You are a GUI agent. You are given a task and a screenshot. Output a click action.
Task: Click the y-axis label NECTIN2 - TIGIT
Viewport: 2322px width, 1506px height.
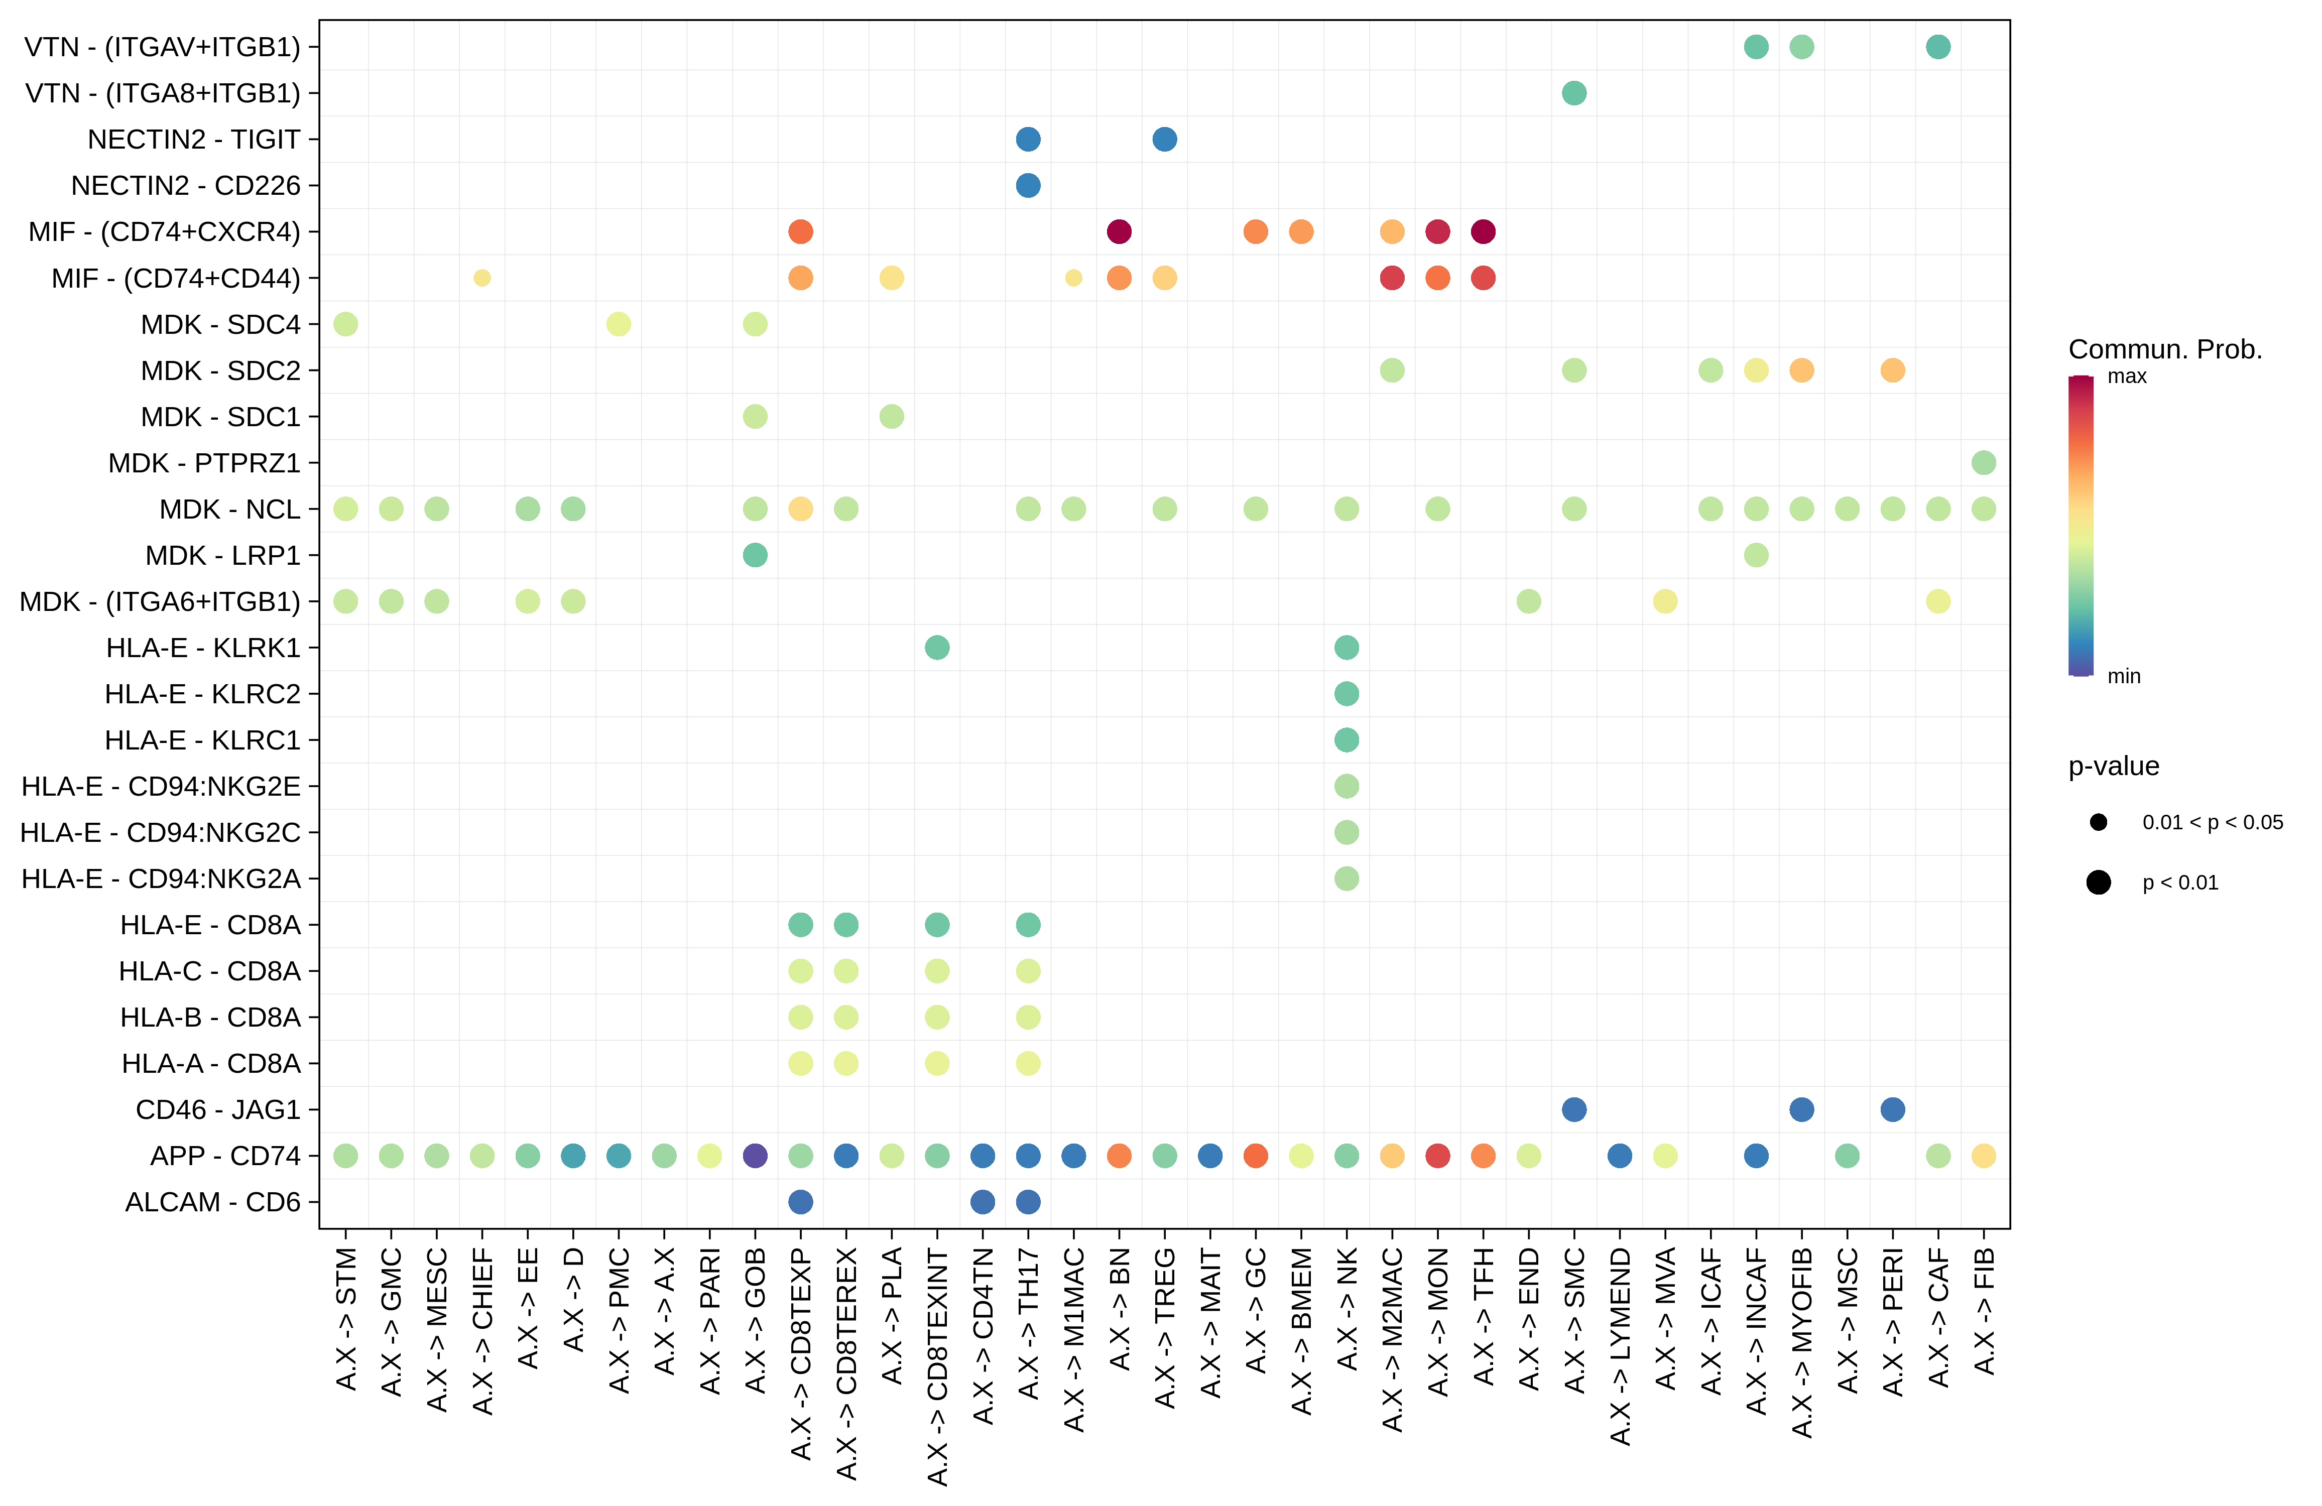pyautogui.click(x=193, y=140)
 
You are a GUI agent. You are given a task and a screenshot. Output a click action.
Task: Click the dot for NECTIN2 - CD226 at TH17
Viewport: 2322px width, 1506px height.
pyautogui.click(x=1027, y=185)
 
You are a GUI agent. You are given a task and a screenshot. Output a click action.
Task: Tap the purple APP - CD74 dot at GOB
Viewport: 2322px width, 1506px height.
pyautogui.click(x=755, y=1156)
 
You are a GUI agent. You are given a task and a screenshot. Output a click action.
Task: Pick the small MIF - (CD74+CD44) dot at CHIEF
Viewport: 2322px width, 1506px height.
pyautogui.click(x=482, y=278)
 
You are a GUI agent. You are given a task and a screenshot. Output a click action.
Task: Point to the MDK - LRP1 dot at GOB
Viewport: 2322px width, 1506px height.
pyautogui.click(x=755, y=555)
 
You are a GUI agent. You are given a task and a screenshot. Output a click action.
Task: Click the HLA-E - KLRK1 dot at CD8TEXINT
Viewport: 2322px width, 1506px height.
pyautogui.click(x=937, y=648)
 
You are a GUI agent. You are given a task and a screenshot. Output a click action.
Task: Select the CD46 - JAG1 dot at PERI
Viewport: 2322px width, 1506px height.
pyautogui.click(x=1893, y=1109)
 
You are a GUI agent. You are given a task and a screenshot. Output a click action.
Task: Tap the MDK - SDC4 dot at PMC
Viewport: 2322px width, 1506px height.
pyautogui.click(x=619, y=324)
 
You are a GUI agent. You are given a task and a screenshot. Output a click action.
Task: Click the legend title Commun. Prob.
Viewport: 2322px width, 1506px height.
pyautogui.click(x=2165, y=349)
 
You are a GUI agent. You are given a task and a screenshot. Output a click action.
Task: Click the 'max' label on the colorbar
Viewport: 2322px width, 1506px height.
pyautogui.click(x=2127, y=376)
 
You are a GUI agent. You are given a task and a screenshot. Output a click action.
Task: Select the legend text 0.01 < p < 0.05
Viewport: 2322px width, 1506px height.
pyautogui.click(x=2212, y=822)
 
